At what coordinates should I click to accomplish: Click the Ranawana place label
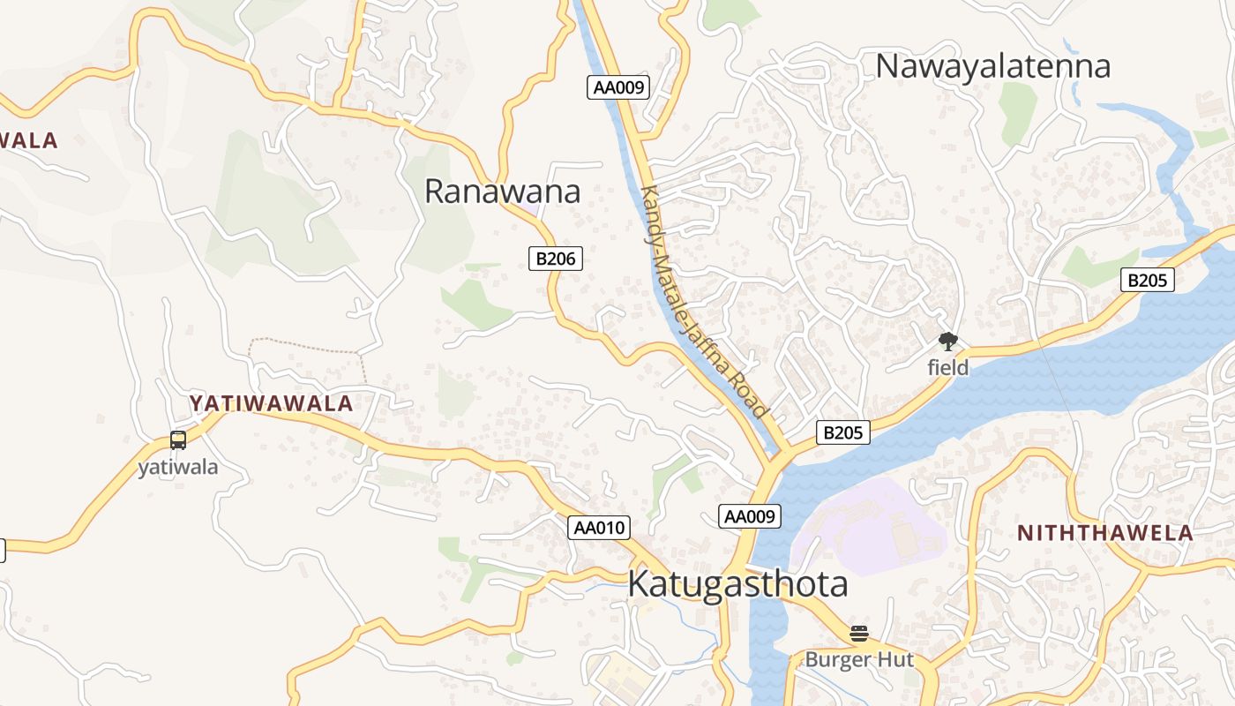coord(502,192)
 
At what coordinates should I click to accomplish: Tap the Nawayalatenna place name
coord(992,66)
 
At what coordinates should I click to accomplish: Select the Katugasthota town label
coord(737,584)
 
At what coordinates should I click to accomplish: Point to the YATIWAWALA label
coord(271,404)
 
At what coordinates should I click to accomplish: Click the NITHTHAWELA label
coord(1104,533)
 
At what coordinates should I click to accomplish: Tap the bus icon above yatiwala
coord(178,439)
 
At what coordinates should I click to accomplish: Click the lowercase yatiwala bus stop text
coord(177,467)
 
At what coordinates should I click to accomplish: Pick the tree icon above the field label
coord(947,342)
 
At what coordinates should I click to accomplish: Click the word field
coord(948,367)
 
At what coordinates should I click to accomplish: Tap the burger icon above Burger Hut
coord(859,634)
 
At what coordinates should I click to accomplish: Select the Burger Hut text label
coord(859,659)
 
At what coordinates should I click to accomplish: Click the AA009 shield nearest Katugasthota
coord(750,516)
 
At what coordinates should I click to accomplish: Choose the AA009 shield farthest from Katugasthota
coord(618,87)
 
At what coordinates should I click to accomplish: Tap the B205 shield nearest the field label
coord(843,432)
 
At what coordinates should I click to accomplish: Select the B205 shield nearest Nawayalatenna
coord(1148,281)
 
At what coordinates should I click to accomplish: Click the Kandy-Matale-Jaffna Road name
coord(703,301)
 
